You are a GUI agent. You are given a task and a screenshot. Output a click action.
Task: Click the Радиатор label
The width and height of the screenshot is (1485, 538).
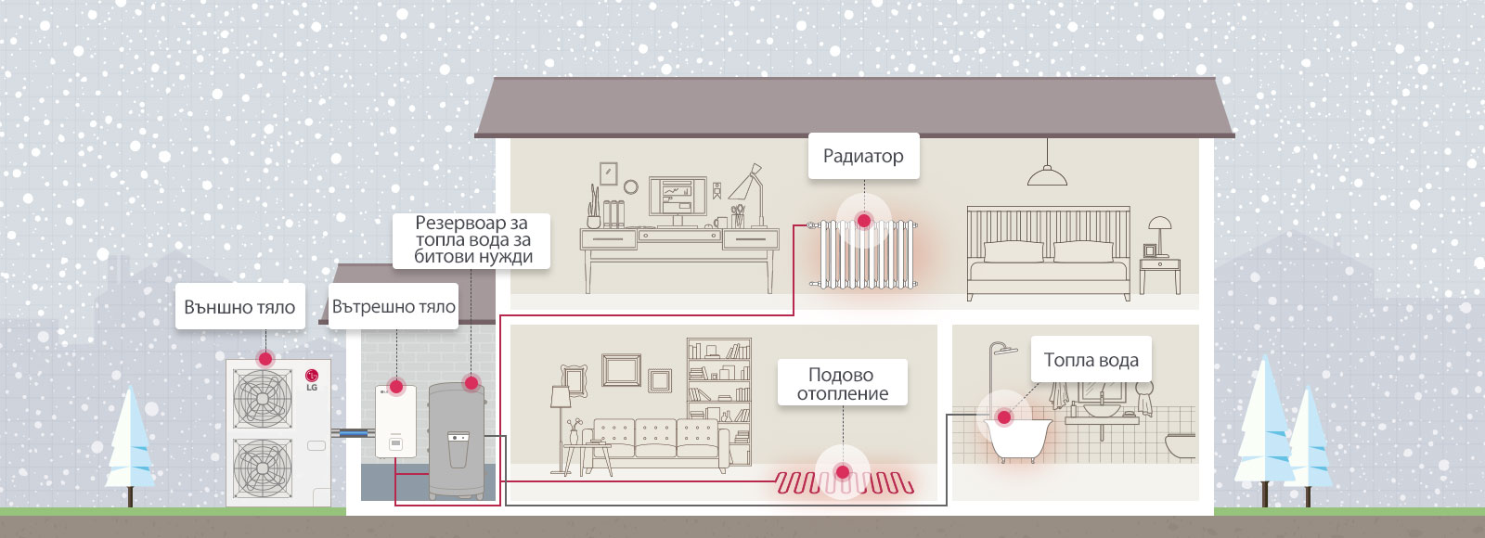point(863,156)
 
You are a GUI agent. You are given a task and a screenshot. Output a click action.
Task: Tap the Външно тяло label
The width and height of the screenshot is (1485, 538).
point(239,307)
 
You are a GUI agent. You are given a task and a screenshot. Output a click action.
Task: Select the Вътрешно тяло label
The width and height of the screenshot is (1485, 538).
point(394,307)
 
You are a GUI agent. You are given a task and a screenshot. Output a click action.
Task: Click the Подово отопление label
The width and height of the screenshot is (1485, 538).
point(842,383)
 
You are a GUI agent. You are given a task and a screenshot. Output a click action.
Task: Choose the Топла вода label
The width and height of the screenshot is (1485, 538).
point(1091,360)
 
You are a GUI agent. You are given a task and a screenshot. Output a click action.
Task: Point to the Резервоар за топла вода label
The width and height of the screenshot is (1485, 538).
point(472,240)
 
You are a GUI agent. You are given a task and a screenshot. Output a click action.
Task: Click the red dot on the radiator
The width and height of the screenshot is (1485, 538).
point(864,221)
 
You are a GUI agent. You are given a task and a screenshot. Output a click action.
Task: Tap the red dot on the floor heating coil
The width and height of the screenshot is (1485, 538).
point(843,472)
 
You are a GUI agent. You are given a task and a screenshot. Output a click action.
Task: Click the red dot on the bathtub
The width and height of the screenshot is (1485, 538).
point(1003,417)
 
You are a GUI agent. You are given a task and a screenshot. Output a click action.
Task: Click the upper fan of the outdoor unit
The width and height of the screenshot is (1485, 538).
point(263,398)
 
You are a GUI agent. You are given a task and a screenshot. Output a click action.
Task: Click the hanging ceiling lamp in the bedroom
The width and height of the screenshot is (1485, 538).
point(1047,174)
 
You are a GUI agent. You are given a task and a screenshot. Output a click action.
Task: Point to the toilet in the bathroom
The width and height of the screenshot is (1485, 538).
point(1182,446)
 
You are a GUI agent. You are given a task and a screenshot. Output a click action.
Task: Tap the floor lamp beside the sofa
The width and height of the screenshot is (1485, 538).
point(560,417)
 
